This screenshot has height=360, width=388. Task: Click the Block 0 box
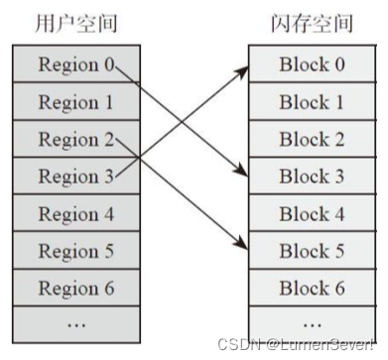[x=312, y=65]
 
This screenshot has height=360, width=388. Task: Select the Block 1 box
[x=312, y=102]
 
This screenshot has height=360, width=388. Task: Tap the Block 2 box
[x=312, y=140]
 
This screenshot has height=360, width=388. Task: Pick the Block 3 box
[x=312, y=177]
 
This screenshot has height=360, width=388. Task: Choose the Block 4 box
[x=312, y=214]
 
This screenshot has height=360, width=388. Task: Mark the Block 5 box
[x=312, y=252]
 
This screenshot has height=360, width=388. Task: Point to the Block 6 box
[x=312, y=290]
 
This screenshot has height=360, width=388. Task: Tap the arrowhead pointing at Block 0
[x=242, y=68]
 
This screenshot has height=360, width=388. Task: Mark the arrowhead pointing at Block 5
[x=242, y=248]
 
